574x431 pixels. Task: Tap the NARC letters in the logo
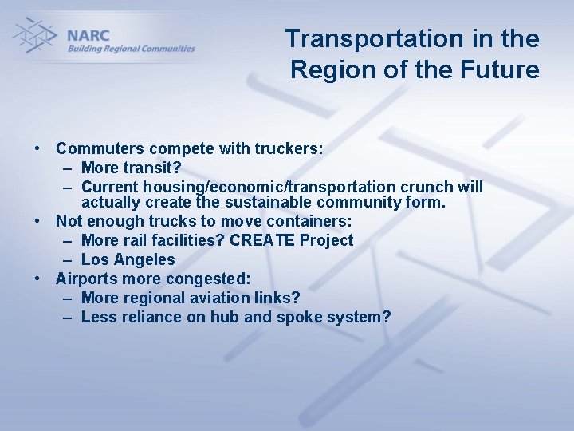(x=88, y=34)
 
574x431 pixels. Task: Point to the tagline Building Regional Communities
(x=131, y=49)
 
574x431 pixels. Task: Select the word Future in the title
(x=502, y=69)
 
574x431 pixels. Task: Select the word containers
(x=307, y=221)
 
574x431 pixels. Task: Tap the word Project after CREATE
(x=325, y=240)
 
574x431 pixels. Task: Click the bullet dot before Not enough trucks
(x=37, y=221)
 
